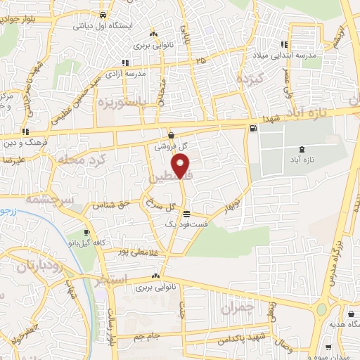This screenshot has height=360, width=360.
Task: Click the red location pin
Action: [x=181, y=167]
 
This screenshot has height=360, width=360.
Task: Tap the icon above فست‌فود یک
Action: [x=186, y=214]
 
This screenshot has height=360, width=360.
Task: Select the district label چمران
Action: [x=236, y=308]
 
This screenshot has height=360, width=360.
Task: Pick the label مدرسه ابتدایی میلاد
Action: [x=305, y=55]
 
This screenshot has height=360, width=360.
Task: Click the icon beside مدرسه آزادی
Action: [x=126, y=62]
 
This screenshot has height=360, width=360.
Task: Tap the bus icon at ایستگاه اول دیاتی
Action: [x=103, y=14]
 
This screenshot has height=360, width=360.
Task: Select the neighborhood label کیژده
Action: [x=250, y=77]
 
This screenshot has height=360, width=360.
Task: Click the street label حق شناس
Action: [x=116, y=205]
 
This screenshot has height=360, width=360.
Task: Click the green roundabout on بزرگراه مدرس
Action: [x=323, y=309]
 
